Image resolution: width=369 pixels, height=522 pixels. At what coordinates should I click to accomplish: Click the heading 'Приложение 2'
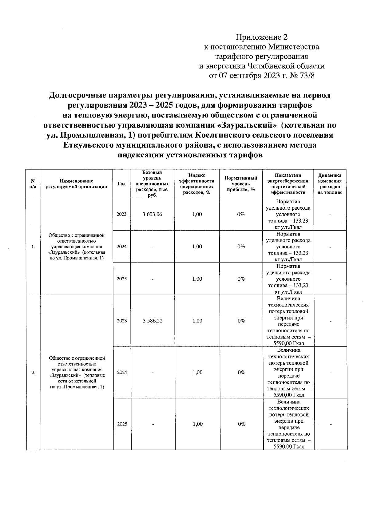262,38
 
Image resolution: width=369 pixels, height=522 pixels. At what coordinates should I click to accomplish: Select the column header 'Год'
121,184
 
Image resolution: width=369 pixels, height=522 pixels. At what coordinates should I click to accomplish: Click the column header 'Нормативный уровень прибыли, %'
241,184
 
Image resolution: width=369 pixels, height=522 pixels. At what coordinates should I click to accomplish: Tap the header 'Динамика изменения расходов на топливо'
330,184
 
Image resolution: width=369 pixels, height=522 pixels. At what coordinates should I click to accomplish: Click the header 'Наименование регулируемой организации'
76,184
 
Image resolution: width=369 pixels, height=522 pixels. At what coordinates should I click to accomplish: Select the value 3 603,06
152,215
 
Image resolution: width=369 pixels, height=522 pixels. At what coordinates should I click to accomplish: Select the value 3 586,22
153,321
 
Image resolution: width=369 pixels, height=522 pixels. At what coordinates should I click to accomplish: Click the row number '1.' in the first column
33,247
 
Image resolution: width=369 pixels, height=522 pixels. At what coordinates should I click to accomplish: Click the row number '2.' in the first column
34,373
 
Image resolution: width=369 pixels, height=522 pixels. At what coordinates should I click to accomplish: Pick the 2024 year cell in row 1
121,247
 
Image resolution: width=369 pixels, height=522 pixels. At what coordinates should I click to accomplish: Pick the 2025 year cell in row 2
122,424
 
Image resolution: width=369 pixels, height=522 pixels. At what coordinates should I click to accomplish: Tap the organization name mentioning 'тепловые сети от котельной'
77,373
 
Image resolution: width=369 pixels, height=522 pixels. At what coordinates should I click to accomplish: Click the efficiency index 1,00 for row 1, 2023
197,215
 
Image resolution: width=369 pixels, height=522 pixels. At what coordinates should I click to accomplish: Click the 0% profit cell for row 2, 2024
241,373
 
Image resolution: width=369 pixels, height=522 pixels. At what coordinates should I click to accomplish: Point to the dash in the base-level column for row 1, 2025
152,279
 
